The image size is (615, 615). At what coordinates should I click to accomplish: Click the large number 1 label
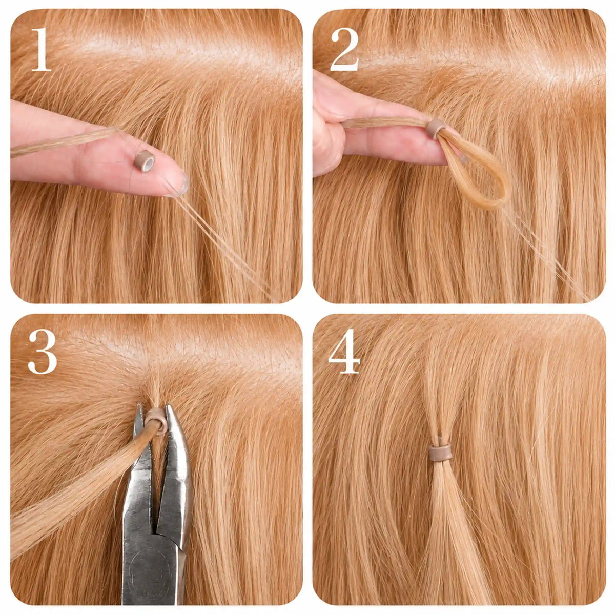coord(41,50)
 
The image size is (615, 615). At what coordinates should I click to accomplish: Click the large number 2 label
coord(345,50)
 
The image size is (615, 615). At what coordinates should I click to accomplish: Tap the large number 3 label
coord(43,352)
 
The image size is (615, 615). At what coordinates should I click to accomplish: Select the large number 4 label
coord(344,352)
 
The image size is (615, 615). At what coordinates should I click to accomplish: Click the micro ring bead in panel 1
coord(144,160)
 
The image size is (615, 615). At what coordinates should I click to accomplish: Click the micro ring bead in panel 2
coord(436,129)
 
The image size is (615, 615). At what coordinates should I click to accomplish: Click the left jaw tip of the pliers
coord(139,405)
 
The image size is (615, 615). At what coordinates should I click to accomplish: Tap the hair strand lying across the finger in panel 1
coord(64,141)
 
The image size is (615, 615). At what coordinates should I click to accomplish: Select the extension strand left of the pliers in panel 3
coord(80,479)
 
